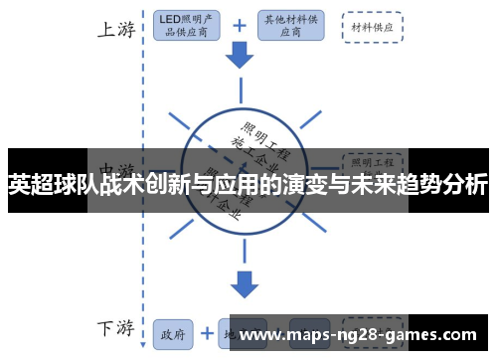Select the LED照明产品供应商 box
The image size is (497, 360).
[187, 27]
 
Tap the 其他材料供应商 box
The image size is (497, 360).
[289, 27]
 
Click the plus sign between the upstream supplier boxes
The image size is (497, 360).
[239, 27]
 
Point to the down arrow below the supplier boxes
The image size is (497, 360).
[240, 58]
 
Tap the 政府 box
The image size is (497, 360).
[172, 334]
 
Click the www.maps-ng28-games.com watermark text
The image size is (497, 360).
[359, 335]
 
